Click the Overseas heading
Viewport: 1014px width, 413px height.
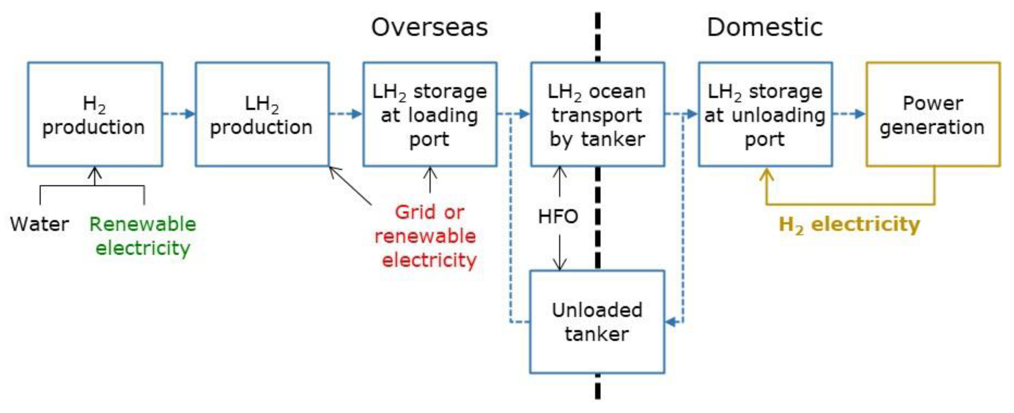click(429, 28)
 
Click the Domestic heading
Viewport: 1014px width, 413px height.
click(764, 28)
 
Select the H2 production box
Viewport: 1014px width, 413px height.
click(95, 114)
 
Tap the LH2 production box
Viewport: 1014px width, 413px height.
click(262, 114)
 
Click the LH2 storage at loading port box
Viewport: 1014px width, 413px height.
click(430, 114)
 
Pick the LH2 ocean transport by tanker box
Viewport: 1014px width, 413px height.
click(597, 114)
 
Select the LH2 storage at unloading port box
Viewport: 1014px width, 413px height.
click(765, 114)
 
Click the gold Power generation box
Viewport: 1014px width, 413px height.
click(933, 114)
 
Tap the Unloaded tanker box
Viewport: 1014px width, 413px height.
click(597, 322)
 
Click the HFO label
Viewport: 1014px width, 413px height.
click(558, 216)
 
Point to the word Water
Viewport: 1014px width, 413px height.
click(39, 224)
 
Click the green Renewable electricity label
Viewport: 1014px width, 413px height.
click(142, 236)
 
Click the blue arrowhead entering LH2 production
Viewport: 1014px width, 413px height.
click(190, 114)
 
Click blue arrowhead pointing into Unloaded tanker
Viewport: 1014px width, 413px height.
click(671, 322)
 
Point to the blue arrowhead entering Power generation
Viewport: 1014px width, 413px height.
click(861, 114)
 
